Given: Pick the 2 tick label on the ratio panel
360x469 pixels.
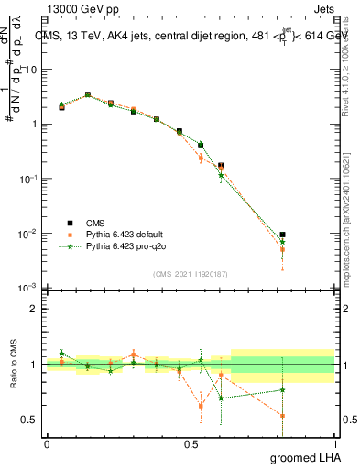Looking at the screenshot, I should (x=34, y=309).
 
